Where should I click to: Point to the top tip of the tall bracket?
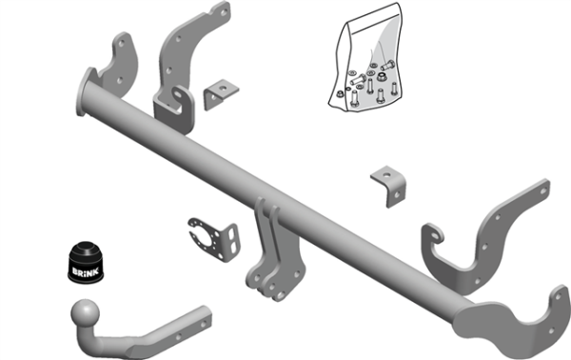pos(221,11)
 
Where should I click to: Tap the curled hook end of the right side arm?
pos(434,235)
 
